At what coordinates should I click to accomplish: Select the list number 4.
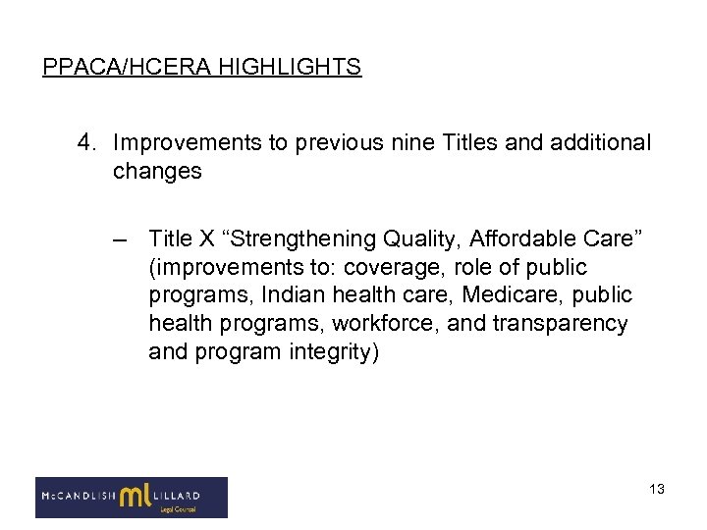point(85,143)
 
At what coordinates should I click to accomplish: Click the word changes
point(157,171)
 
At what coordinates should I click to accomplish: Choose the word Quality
point(425,239)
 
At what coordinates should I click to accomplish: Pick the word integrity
point(329,350)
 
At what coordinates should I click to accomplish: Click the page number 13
point(656,489)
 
